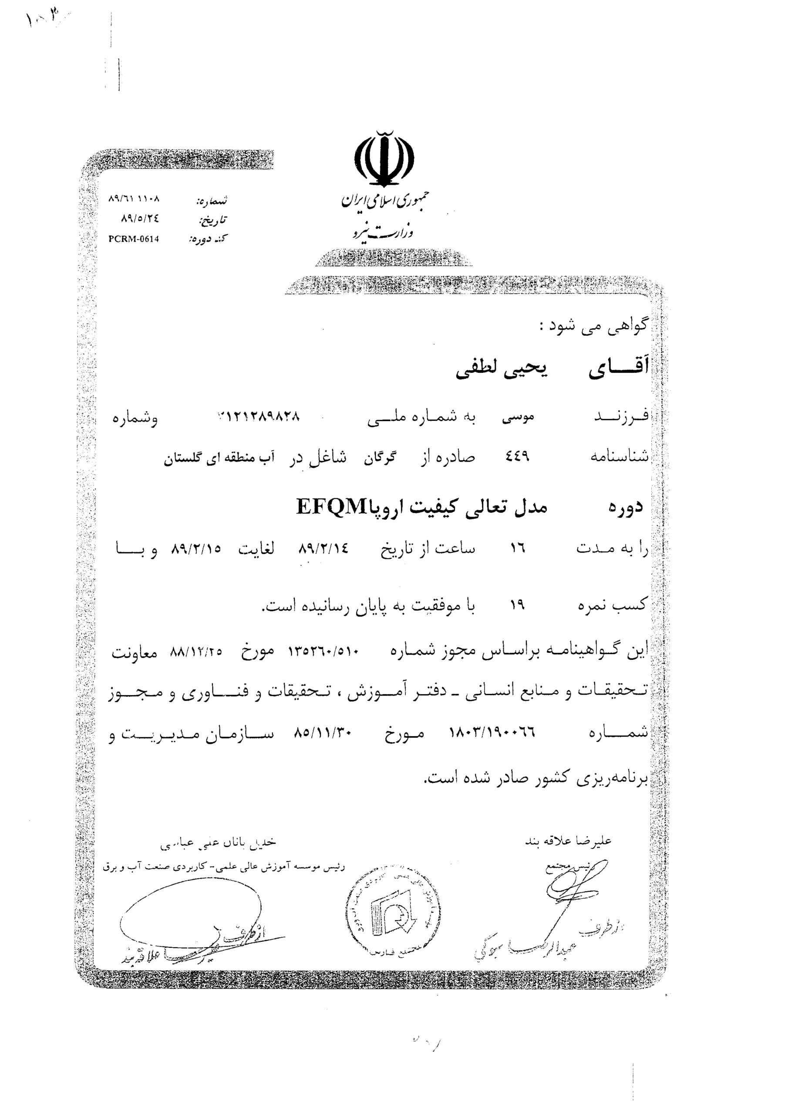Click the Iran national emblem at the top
(x=384, y=159)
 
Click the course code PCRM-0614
(x=134, y=239)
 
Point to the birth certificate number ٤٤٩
(x=517, y=456)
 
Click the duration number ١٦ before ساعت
(x=518, y=549)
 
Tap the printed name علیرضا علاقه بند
(x=568, y=841)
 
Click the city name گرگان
(x=380, y=457)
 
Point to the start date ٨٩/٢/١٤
(x=323, y=549)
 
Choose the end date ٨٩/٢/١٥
(x=195, y=549)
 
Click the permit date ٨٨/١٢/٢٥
(x=195, y=652)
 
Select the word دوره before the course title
(x=625, y=507)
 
